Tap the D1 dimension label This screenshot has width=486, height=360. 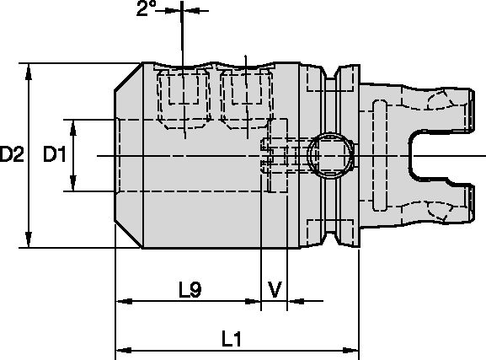pos(56,155)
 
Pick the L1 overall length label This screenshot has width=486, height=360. pos(232,339)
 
